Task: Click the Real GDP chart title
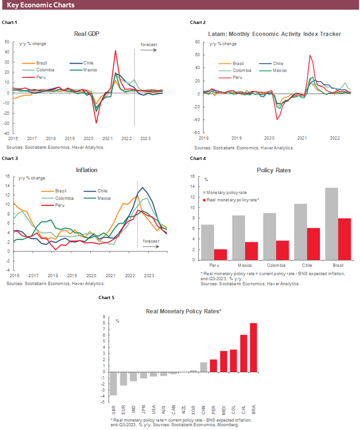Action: [87, 34]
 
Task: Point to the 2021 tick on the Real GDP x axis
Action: [108, 138]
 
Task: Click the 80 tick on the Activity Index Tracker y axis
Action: [197, 41]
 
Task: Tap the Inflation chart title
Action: [87, 170]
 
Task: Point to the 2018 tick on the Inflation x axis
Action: [53, 275]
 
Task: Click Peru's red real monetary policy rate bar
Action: [221, 255]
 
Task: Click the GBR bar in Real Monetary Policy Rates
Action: [113, 383]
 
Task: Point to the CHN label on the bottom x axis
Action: [203, 411]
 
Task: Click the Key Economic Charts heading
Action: [41, 5]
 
